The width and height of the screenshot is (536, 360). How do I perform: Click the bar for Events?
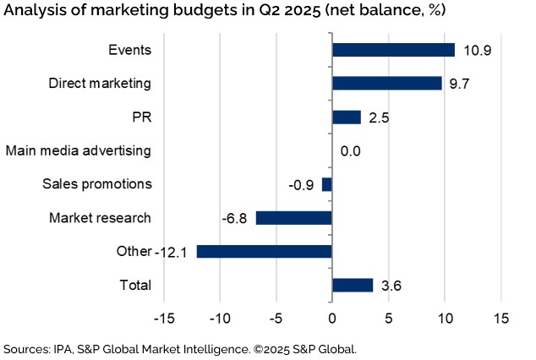pyautogui.click(x=393, y=50)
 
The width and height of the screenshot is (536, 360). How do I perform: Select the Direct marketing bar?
pyautogui.click(x=386, y=83)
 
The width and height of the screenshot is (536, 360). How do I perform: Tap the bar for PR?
pyautogui.click(x=347, y=117)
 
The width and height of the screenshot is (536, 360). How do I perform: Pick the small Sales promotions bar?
pyautogui.click(x=327, y=184)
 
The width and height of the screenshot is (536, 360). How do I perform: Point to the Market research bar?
pyautogui.click(x=293, y=218)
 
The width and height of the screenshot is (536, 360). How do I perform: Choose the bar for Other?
pyautogui.click(x=264, y=252)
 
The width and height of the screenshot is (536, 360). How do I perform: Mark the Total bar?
pyautogui.click(x=353, y=285)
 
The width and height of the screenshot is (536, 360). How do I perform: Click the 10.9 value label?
pyautogui.click(x=476, y=51)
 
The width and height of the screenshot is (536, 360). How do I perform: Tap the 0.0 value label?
pyautogui.click(x=351, y=151)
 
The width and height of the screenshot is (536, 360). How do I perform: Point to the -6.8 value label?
pyautogui.click(x=234, y=218)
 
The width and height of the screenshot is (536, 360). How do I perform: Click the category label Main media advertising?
pyautogui.click(x=79, y=150)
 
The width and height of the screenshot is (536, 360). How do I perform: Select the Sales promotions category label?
pyautogui.click(x=97, y=184)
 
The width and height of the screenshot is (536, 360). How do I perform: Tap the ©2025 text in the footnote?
pyautogui.click(x=301, y=348)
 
